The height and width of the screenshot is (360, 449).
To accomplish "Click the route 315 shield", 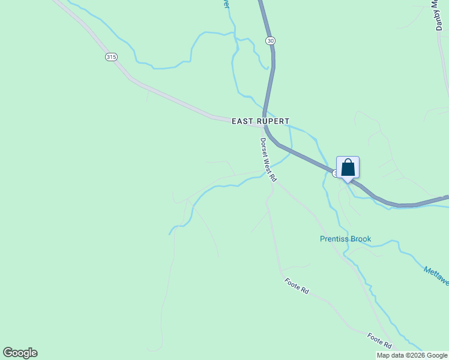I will [110, 57].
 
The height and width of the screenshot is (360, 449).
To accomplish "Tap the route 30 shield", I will [271, 40].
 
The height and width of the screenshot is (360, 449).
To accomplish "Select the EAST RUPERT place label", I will [261, 121].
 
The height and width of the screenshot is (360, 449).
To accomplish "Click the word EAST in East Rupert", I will [243, 121].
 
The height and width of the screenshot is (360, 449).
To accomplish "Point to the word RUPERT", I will [273, 121].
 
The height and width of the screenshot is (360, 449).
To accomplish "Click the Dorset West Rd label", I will [268, 160].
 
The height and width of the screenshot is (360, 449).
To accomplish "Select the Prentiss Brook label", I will [345, 239].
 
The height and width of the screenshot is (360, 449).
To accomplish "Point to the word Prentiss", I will [333, 239].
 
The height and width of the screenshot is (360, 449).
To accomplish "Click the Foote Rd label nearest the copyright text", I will [379, 340].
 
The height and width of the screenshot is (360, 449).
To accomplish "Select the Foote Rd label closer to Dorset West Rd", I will [297, 286].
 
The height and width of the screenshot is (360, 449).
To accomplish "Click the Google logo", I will [20, 353].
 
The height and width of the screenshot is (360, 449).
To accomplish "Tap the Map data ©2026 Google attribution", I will [412, 355].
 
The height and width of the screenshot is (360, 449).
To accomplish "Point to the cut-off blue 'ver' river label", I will [226, 4].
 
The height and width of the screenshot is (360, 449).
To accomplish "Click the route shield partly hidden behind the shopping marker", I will [335, 173].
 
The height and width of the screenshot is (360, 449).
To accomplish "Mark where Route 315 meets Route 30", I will [264, 126].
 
